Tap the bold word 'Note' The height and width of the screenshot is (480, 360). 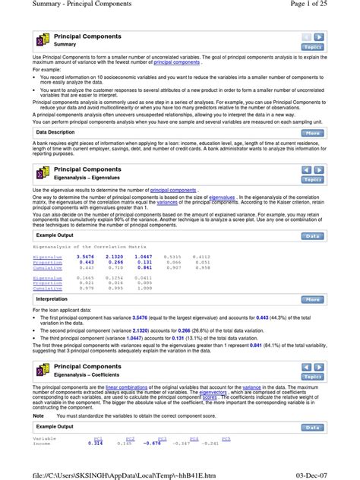point(39,415)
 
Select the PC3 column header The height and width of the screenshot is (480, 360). point(162,438)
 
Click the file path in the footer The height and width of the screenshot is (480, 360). point(96,474)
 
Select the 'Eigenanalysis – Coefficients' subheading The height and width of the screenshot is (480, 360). point(91,376)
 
